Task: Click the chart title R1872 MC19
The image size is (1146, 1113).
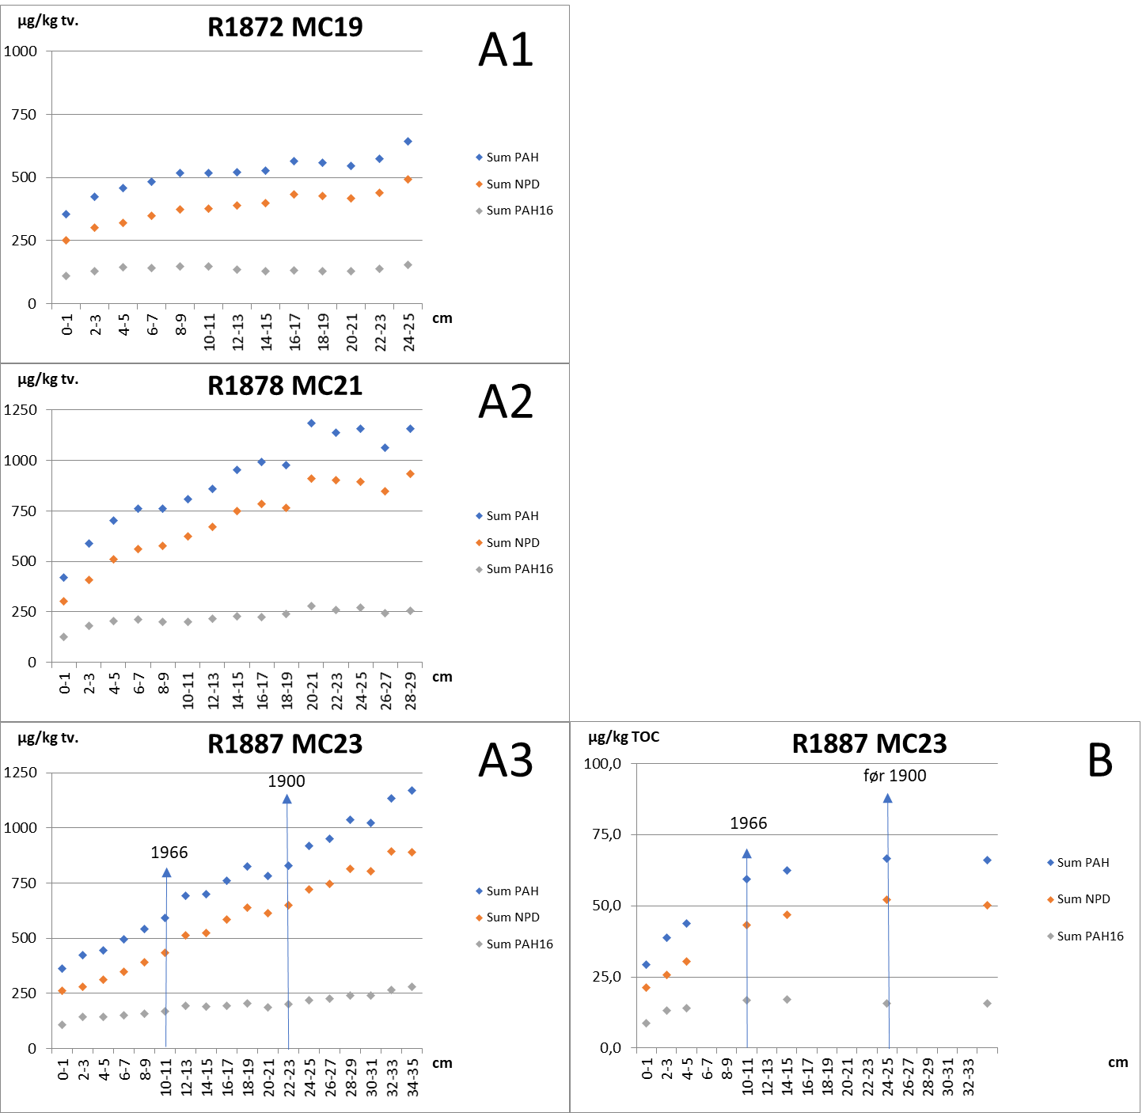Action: [285, 27]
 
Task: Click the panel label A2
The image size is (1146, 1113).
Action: [506, 401]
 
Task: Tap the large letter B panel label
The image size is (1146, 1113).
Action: [1100, 761]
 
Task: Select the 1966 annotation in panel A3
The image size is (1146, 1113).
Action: [169, 853]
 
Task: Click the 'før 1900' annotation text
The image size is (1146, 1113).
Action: [894, 776]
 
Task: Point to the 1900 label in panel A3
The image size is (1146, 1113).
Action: [286, 781]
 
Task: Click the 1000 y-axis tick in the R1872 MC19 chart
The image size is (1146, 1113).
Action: [21, 51]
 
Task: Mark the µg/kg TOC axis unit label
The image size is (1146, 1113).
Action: [624, 738]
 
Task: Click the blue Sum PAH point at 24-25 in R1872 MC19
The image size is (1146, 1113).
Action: [408, 141]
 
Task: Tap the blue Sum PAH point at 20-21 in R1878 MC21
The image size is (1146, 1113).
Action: [311, 423]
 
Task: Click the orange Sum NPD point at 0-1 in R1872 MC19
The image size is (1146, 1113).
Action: [66, 240]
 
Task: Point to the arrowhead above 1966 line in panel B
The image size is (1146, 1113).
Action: [746, 853]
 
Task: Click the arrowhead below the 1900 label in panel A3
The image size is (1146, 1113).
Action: [286, 800]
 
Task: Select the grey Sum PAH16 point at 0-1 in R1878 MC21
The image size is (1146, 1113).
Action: [63, 636]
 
